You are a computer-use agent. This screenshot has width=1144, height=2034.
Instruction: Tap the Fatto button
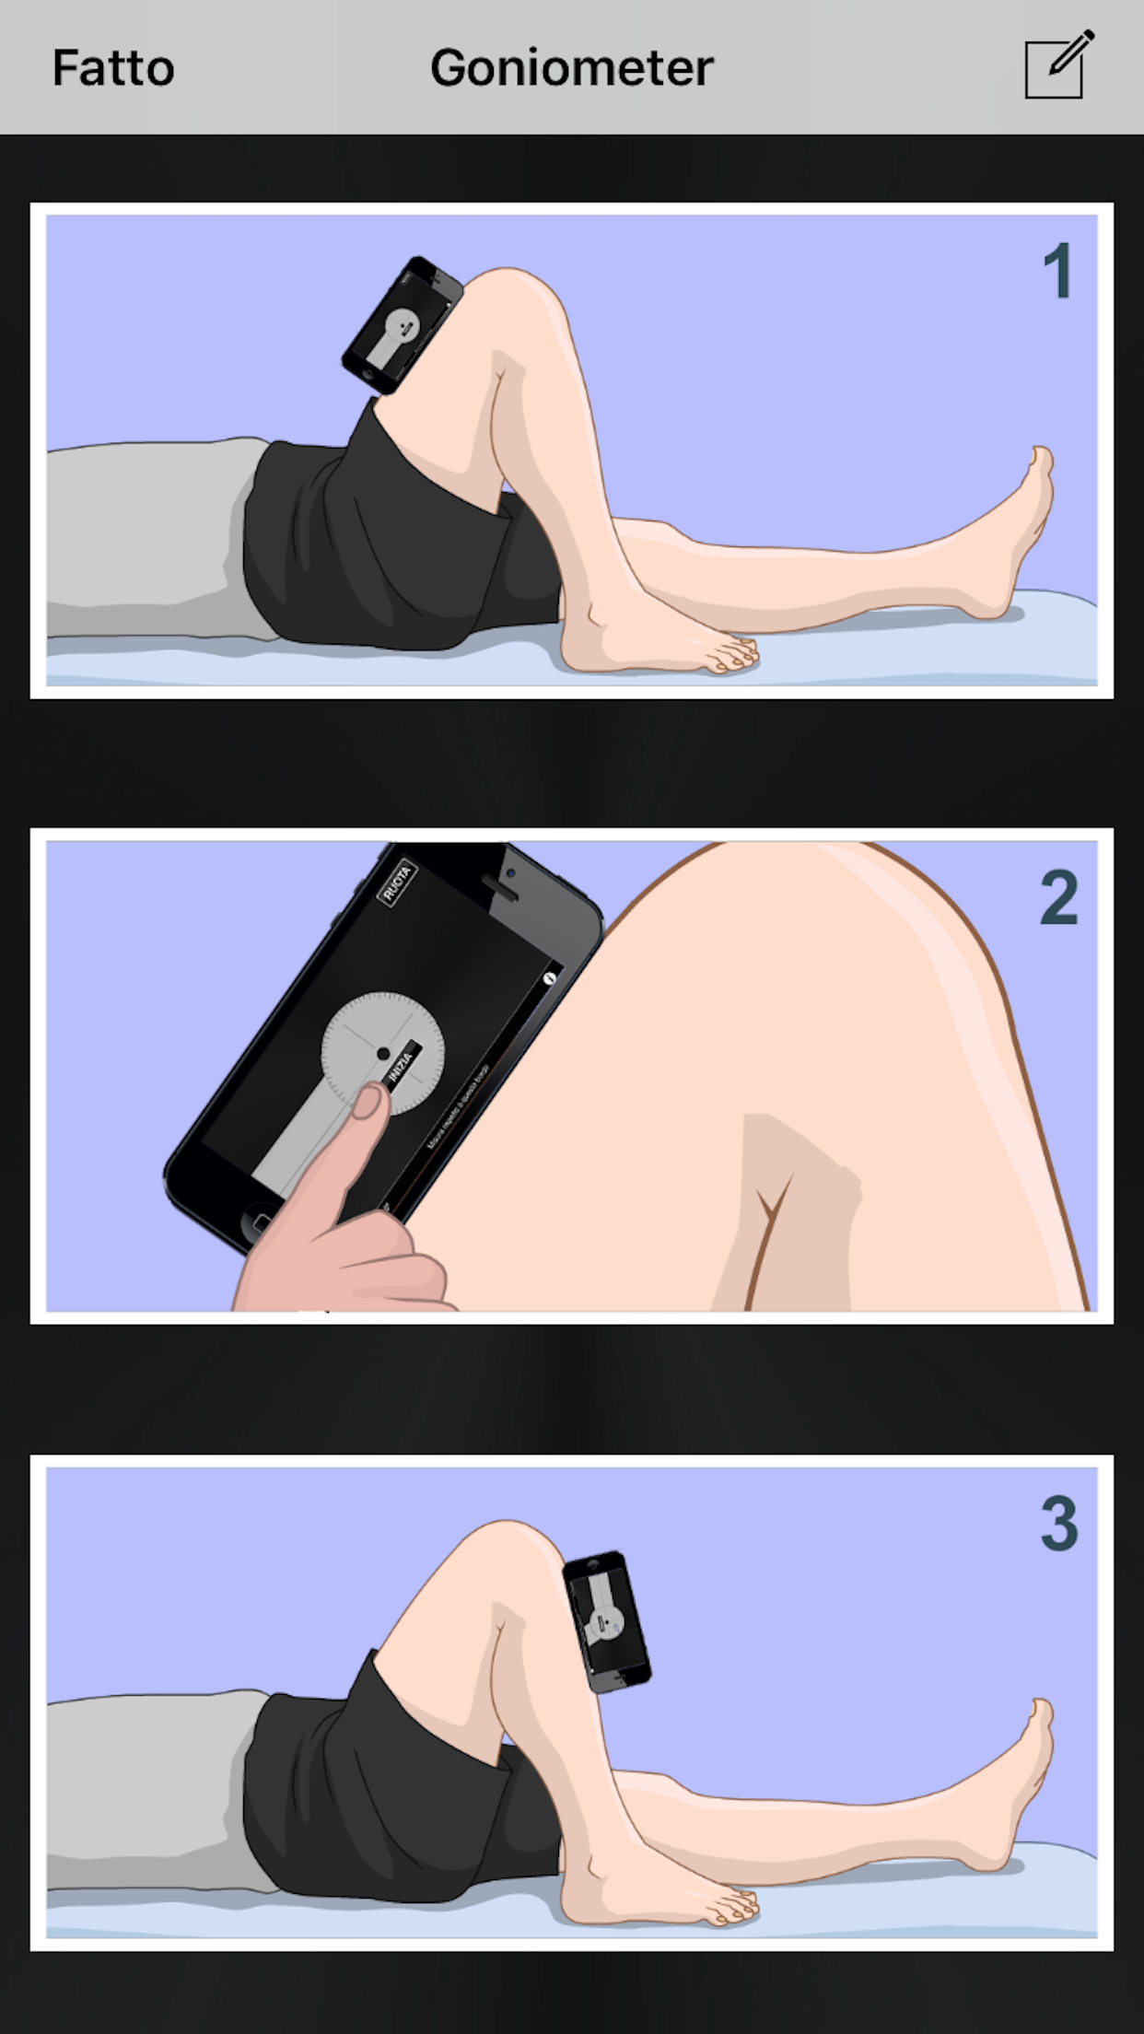click(x=112, y=68)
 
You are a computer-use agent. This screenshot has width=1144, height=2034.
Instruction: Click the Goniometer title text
click(x=571, y=68)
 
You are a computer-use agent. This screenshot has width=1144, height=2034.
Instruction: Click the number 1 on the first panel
click(x=1057, y=271)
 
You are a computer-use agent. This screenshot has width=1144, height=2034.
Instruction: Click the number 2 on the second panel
click(x=1058, y=897)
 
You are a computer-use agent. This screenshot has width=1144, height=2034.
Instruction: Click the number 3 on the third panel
click(x=1058, y=1525)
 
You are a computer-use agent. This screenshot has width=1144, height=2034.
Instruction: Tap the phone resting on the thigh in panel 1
click(x=402, y=326)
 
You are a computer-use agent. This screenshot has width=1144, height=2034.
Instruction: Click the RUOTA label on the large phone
click(x=397, y=883)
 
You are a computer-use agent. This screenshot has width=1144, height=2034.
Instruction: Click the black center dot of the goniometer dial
click(x=383, y=1054)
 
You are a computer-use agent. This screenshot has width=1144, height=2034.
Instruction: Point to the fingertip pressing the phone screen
click(x=368, y=1100)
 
